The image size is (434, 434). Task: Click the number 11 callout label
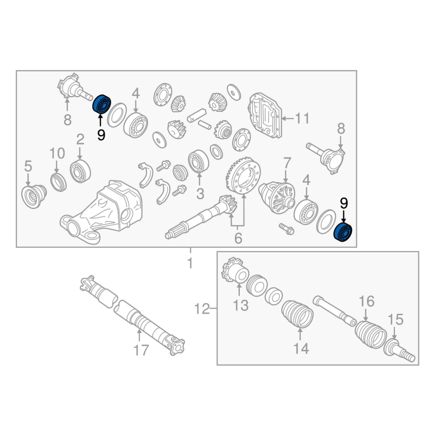pos(302,118)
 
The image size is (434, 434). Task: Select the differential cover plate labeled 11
pos(265,116)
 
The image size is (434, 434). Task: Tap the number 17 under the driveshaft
pos(141,350)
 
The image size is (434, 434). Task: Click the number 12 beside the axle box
pos(202,309)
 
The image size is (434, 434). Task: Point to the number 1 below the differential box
pos(190,263)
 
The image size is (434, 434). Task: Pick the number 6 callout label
pos(238,238)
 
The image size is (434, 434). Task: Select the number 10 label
pos(57,154)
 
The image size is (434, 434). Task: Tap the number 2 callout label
pos(80,139)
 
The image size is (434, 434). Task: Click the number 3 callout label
pos(200,194)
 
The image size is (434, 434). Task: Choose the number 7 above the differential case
pos(288,163)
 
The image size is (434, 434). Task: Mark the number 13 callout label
pos(240,305)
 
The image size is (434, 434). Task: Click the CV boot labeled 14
pos(297,314)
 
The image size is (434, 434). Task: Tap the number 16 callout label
pos(367,301)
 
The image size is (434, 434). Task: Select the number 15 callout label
pos(395,320)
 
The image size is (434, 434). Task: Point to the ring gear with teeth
pos(244,175)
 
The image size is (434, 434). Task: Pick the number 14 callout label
pos(301,348)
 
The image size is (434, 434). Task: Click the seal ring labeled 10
pos(59,182)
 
